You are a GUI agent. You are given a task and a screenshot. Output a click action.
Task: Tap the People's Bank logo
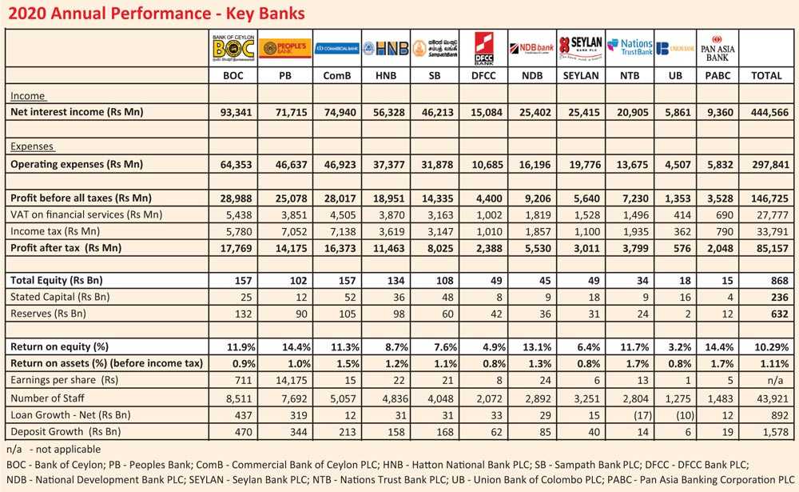(285, 50)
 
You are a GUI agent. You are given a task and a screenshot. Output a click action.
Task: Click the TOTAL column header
(767, 76)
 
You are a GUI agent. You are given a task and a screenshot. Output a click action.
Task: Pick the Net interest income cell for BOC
(233, 112)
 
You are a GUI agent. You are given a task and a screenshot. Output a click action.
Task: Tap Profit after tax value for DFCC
(485, 248)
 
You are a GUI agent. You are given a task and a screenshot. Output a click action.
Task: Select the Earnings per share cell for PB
(285, 379)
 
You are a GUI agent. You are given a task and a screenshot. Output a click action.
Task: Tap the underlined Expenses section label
(33, 146)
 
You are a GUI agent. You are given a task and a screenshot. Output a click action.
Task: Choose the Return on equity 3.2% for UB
(674, 347)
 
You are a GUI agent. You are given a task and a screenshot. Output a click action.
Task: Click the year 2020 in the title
(26, 14)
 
